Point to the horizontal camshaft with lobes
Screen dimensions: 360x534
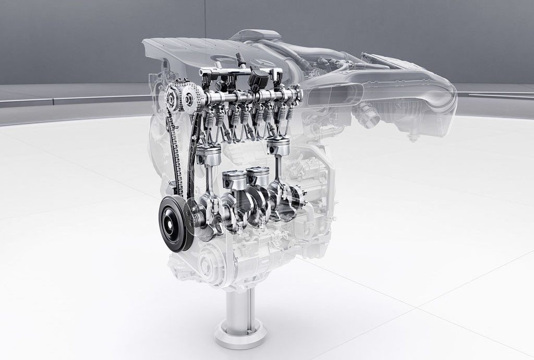point(245,97)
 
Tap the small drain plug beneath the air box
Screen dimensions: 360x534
point(413,138)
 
